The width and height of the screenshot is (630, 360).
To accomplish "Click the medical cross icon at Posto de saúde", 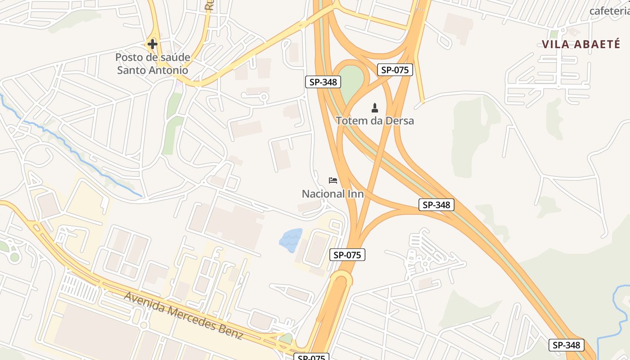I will pos(153,44).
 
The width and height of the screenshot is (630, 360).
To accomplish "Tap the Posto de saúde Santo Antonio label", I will pos(153,64).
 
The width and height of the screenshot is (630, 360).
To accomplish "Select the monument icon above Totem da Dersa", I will pos(374,108).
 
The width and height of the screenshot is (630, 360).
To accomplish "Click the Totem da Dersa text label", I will pos(375,121).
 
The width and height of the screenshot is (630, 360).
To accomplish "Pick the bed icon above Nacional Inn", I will pos(333,180).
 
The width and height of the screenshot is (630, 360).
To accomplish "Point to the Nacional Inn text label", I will pos(333,194).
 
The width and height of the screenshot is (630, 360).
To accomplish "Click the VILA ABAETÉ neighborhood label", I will pos(575,44).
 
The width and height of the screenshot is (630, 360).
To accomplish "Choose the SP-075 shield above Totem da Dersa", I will pos(395,70).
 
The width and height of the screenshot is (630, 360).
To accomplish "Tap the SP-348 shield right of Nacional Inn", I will pos(436,205).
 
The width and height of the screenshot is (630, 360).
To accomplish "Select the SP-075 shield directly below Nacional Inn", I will pos(347,255).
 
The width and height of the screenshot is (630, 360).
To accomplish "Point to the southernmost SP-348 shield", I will pos(567,345).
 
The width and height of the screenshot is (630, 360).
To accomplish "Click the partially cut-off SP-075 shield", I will pos(312,357).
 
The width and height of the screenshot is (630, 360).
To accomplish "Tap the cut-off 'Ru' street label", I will pos(209,4).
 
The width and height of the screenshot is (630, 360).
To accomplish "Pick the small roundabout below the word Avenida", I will pos(144,325).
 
